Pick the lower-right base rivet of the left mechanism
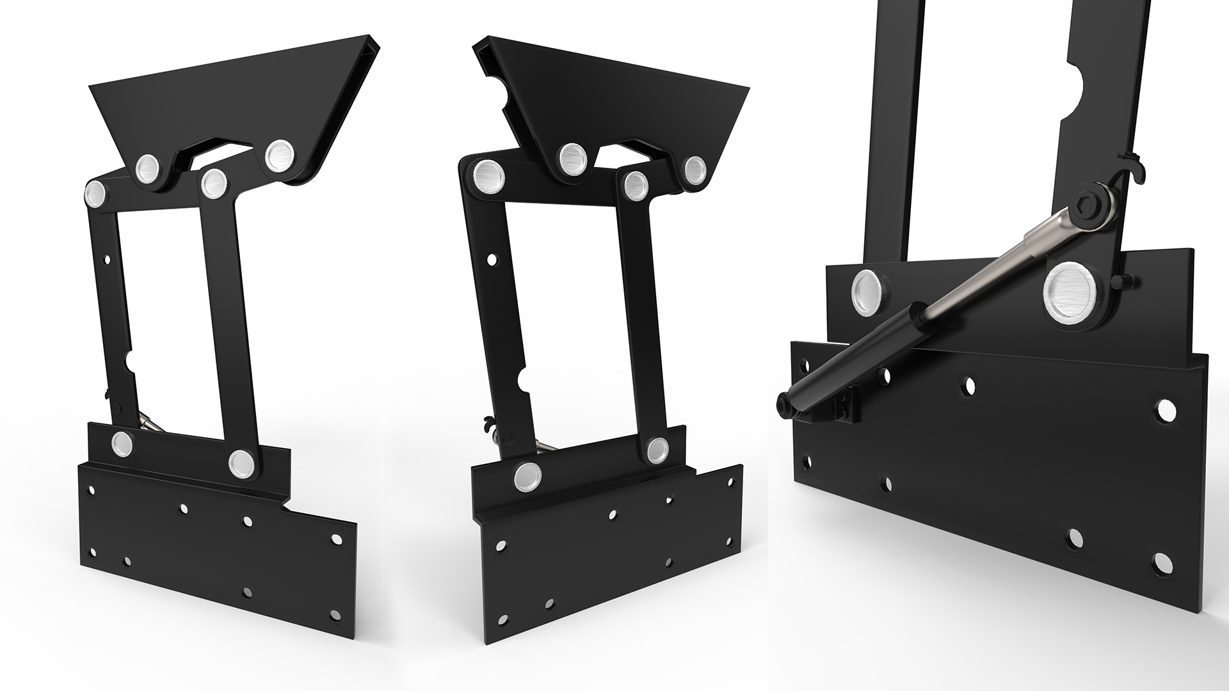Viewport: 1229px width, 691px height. pos(241,461)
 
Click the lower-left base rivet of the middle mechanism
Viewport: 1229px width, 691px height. pos(527,477)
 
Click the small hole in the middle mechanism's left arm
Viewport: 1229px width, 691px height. pos(492,260)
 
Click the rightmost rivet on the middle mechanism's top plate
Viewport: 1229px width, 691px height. pos(695,169)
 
